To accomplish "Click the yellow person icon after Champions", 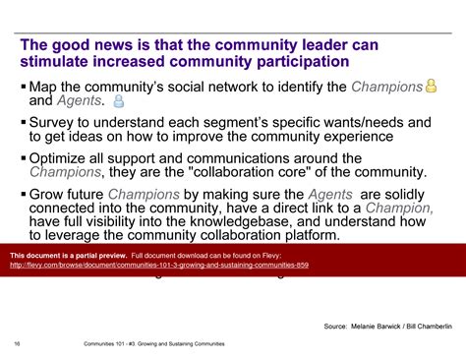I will [430, 87].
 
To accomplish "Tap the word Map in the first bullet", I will [45, 87].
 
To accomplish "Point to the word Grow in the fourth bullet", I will [48, 193].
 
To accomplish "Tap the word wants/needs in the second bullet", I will [364, 122].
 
